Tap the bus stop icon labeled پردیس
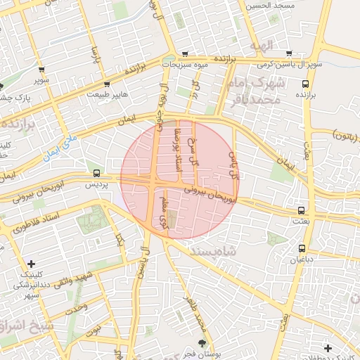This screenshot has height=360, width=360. [96, 173]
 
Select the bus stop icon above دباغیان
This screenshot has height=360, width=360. [302, 247]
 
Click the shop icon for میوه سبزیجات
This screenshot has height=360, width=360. [184, 53]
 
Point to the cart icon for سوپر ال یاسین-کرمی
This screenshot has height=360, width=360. [288, 53]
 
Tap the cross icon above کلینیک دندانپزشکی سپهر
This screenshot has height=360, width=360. [31, 264]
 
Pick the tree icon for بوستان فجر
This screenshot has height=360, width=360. [203, 343]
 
